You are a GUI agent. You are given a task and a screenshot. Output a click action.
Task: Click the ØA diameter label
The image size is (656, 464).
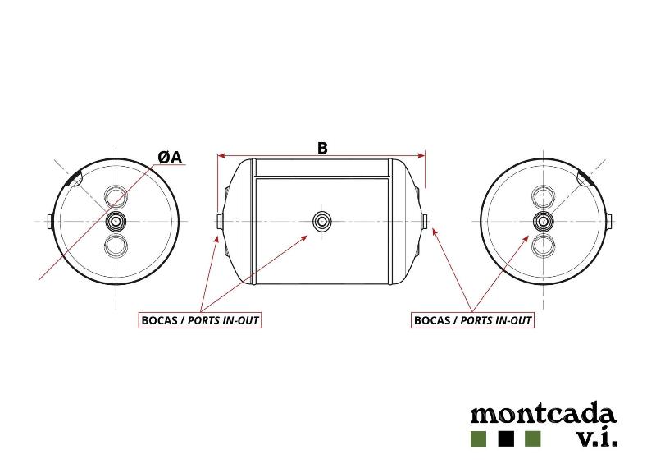(x=171, y=158)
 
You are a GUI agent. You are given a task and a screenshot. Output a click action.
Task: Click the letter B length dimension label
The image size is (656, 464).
(x=322, y=148)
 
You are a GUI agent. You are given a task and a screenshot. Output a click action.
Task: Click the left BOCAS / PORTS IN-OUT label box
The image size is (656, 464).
(x=199, y=320)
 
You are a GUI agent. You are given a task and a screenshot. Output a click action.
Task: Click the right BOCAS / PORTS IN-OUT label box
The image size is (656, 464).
(x=472, y=320)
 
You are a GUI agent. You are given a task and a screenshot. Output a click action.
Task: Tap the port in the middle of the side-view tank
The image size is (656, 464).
(x=321, y=220)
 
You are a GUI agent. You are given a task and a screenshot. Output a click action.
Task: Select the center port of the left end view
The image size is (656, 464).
(x=116, y=220)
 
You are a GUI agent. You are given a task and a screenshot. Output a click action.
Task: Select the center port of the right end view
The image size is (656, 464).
(x=544, y=220)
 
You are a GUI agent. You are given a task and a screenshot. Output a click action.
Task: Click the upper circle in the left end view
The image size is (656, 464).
(x=116, y=196)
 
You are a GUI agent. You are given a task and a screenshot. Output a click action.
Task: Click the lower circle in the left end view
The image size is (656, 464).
(x=116, y=246)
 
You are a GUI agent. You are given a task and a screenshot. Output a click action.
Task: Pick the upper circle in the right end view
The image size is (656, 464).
(x=544, y=196)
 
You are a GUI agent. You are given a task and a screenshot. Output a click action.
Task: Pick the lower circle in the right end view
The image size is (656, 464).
(x=544, y=246)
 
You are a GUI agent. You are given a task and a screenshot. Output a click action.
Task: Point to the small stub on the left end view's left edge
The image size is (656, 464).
(x=49, y=221)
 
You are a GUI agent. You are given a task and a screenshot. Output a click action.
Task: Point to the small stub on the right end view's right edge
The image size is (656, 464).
(x=609, y=221)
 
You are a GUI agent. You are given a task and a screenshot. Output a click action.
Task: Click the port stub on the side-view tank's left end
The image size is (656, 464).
(x=219, y=221)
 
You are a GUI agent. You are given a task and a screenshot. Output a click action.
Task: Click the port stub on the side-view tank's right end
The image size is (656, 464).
(x=424, y=221)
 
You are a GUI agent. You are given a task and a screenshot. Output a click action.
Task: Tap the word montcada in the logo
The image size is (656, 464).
(x=544, y=414)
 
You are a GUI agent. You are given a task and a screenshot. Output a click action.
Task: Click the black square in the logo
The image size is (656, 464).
(x=506, y=439)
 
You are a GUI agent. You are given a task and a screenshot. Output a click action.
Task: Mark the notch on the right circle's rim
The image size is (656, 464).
(x=584, y=179)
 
